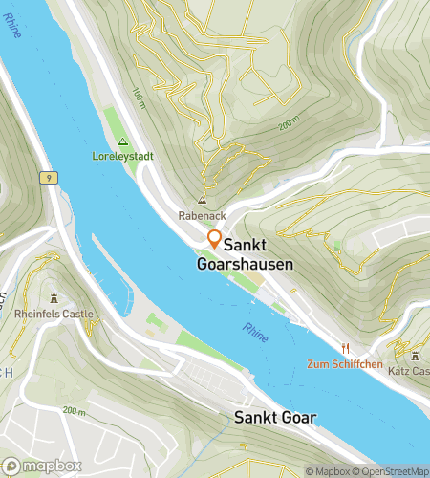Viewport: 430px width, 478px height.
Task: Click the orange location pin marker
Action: pyautogui.click(x=215, y=240)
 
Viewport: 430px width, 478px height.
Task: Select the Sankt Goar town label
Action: pyautogui.click(x=275, y=417)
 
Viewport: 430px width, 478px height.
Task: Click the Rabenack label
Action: pyautogui.click(x=202, y=215)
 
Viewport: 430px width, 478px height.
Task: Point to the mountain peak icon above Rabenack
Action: pyautogui.click(x=202, y=201)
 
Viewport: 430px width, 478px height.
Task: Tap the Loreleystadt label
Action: pyautogui.click(x=122, y=155)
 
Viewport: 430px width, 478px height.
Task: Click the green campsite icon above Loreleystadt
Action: pyautogui.click(x=122, y=141)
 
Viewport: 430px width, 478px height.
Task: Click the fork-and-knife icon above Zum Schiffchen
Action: pyautogui.click(x=346, y=349)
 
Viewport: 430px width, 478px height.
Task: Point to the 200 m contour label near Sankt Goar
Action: pyautogui.click(x=74, y=410)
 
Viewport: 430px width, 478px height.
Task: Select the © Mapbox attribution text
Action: pyautogui.click(x=329, y=471)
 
